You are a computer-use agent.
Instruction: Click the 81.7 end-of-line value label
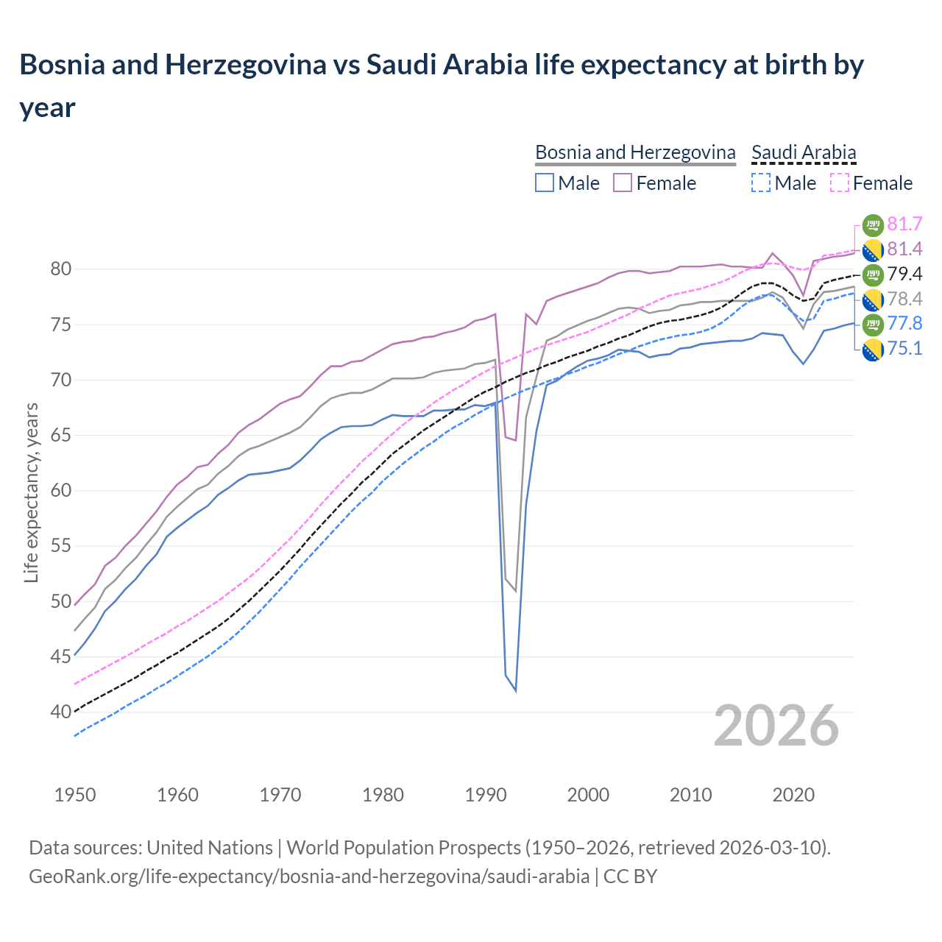tap(904, 224)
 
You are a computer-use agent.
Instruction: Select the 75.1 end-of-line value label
tap(904, 348)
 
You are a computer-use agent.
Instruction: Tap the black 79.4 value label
tap(904, 274)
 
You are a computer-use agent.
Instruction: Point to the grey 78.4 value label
tap(904, 299)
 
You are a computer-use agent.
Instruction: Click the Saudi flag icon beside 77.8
tap(872, 324)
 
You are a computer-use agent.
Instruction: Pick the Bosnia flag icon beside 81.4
tap(872, 249)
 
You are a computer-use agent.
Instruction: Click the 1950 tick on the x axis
tap(75, 795)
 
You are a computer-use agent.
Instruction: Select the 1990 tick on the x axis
tap(486, 795)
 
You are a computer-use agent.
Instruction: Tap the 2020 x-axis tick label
tap(793, 795)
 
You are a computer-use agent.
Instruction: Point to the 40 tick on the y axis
tap(60, 712)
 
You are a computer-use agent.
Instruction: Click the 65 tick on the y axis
tap(60, 435)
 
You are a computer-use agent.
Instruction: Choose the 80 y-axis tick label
tap(60, 269)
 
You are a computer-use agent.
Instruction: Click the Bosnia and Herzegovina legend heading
tap(634, 152)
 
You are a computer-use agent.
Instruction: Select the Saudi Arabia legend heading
tap(804, 152)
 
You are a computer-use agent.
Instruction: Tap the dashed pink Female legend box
tap(840, 183)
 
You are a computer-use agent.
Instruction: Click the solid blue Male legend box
tap(545, 183)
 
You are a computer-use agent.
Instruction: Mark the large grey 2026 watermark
tap(776, 726)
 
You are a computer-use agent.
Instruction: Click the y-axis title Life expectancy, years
tap(31, 493)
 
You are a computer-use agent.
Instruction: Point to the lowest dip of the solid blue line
tap(515, 690)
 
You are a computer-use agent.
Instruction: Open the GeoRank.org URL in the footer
tap(309, 877)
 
